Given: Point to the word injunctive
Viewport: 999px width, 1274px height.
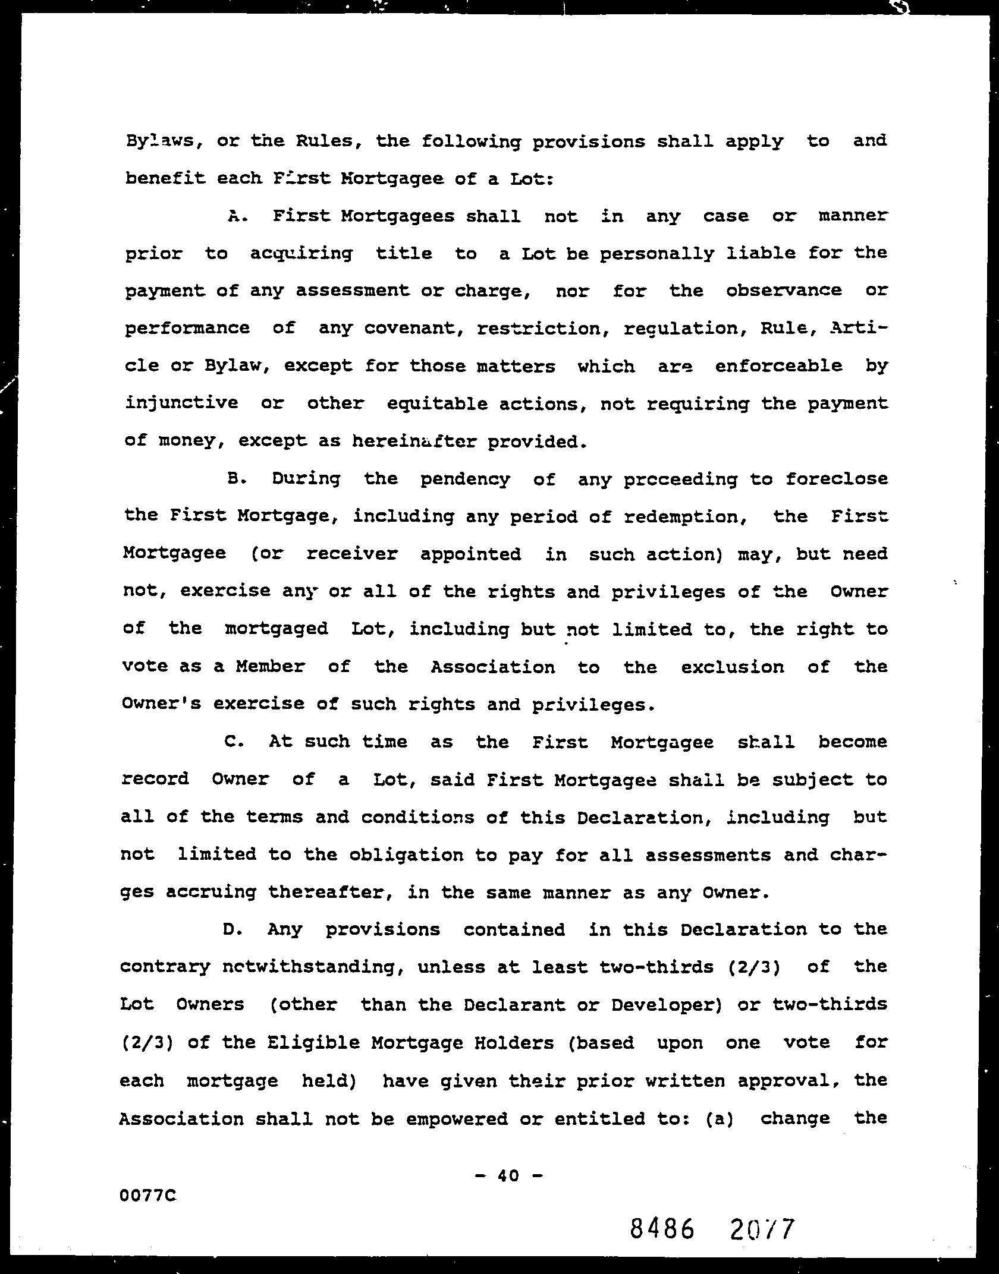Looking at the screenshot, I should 181,403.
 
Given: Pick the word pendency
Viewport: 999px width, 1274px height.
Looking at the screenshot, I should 465,480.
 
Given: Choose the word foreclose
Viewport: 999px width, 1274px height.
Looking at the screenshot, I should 836,479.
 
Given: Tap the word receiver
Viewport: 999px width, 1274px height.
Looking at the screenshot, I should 351,554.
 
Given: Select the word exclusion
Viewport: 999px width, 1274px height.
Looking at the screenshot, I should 733,667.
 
